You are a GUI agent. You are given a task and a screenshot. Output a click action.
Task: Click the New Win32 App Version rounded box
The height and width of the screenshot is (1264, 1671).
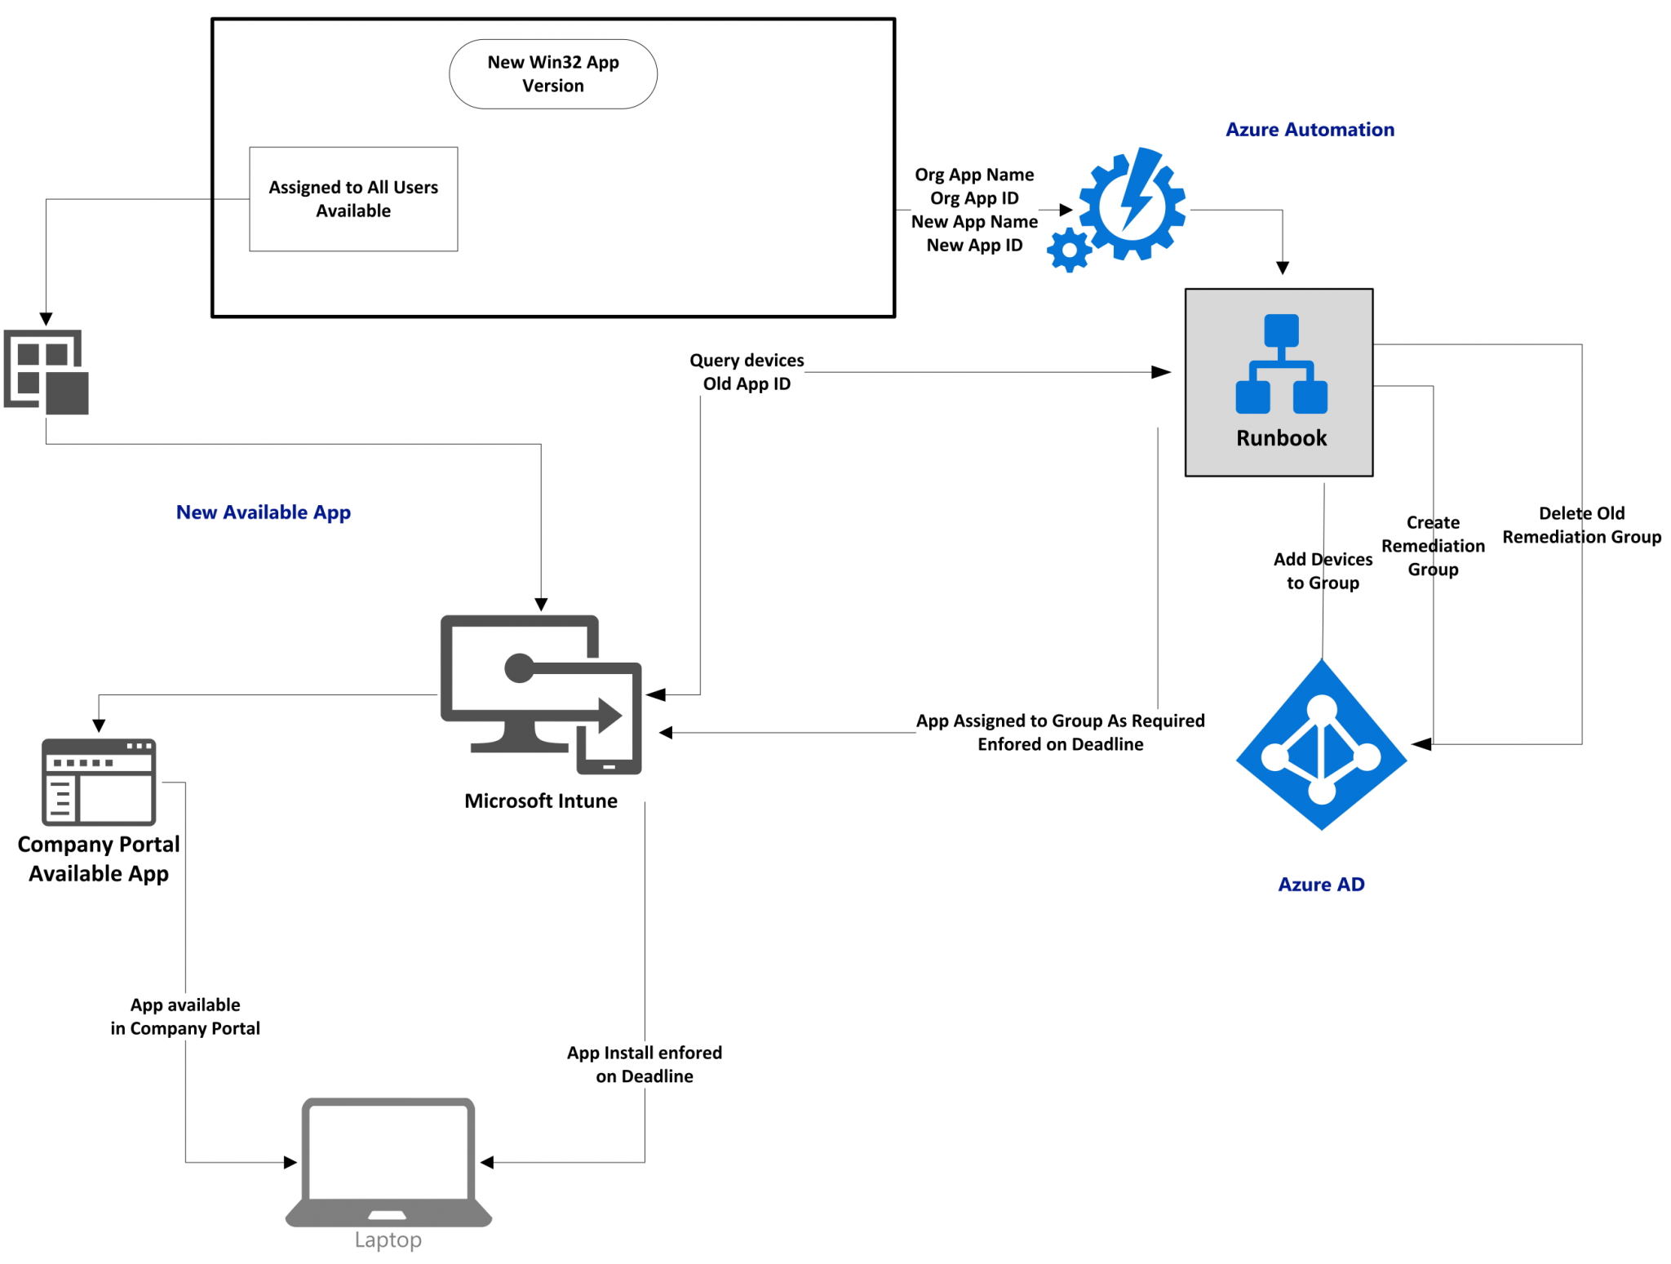552,74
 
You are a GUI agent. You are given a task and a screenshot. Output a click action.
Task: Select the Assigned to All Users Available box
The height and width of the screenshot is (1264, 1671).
353,199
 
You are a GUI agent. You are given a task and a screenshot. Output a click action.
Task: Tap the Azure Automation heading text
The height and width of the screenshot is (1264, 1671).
1309,130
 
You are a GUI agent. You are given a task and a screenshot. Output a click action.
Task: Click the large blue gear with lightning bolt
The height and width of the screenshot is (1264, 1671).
1132,204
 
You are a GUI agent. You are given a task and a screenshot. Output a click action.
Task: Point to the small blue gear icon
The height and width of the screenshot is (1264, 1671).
1068,251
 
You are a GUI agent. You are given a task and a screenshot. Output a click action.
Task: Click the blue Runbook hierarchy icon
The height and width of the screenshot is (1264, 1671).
1281,364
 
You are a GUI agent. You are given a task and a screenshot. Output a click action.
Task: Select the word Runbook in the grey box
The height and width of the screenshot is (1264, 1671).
1281,438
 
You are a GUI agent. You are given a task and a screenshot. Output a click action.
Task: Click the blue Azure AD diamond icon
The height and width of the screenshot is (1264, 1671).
1321,746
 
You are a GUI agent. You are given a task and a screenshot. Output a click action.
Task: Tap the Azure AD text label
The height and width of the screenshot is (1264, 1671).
1320,885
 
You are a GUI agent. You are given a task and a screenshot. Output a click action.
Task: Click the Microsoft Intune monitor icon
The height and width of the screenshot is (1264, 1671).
541,694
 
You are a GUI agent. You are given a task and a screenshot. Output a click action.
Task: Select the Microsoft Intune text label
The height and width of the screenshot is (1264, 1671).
540,801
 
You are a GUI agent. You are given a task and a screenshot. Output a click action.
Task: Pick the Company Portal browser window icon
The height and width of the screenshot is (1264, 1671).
99,782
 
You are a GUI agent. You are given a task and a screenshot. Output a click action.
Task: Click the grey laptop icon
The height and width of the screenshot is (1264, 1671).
388,1162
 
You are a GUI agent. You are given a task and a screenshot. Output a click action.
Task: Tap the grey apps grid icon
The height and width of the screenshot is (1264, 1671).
47,372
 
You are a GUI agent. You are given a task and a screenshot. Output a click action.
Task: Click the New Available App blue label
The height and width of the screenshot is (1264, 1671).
263,512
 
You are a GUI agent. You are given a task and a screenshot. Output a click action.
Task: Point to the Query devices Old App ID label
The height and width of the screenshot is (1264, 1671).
746,372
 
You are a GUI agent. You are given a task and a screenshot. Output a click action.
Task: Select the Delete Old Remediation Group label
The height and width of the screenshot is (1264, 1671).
1580,526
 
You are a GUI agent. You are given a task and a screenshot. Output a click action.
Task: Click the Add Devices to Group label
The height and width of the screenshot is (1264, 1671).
1322,571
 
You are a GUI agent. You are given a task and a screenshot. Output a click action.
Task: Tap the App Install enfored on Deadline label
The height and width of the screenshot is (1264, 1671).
644,1064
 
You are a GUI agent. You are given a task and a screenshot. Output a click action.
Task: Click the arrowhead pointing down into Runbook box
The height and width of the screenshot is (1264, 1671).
1282,268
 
